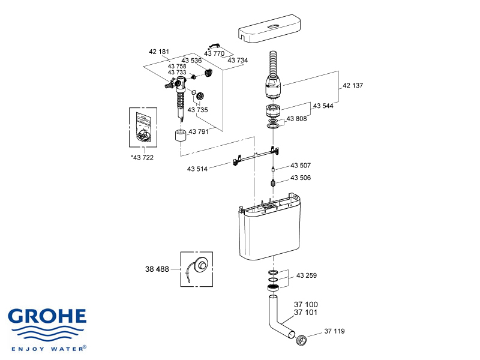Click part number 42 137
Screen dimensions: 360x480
pos(353,86)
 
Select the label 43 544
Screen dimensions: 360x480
pos(323,106)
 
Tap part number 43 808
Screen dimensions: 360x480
pos(296,118)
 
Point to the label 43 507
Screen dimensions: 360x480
pos(301,165)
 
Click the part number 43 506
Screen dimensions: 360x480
pos(301,178)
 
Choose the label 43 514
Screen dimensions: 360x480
pos(197,169)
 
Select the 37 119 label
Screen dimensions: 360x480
pos(335,331)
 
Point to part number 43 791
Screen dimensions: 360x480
pos(199,131)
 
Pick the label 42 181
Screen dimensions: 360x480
pos(159,52)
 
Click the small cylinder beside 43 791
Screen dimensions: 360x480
pos(179,134)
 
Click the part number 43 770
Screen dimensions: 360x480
pos(214,53)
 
